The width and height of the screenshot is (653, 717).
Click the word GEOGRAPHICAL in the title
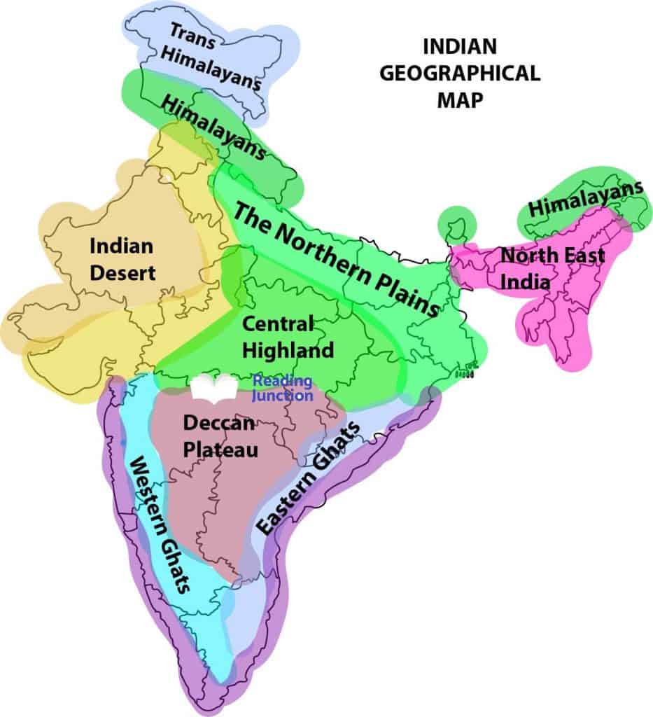(x=460, y=74)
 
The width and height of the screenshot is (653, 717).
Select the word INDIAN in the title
(x=460, y=47)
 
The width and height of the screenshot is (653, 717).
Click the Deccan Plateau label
(x=220, y=435)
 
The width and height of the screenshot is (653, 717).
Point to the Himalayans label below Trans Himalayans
(x=213, y=127)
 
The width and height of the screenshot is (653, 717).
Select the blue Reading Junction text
(x=283, y=389)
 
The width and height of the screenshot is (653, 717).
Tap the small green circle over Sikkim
(x=456, y=225)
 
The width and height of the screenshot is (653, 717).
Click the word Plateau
(x=220, y=447)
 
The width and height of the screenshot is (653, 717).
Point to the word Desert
(x=122, y=272)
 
